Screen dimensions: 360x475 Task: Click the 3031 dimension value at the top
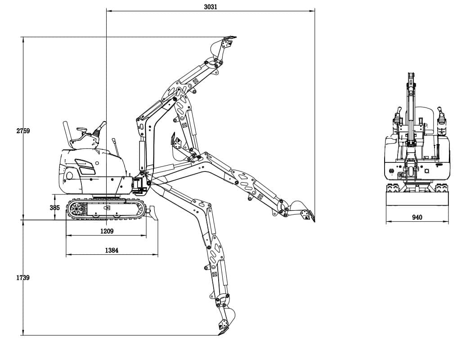(210, 6)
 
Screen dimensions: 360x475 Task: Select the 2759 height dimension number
(22, 131)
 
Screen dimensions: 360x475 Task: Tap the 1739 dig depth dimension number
(22, 278)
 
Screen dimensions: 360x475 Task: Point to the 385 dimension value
(54, 208)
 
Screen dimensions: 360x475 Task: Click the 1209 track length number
(106, 231)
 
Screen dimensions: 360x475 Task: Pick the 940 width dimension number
(417, 217)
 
